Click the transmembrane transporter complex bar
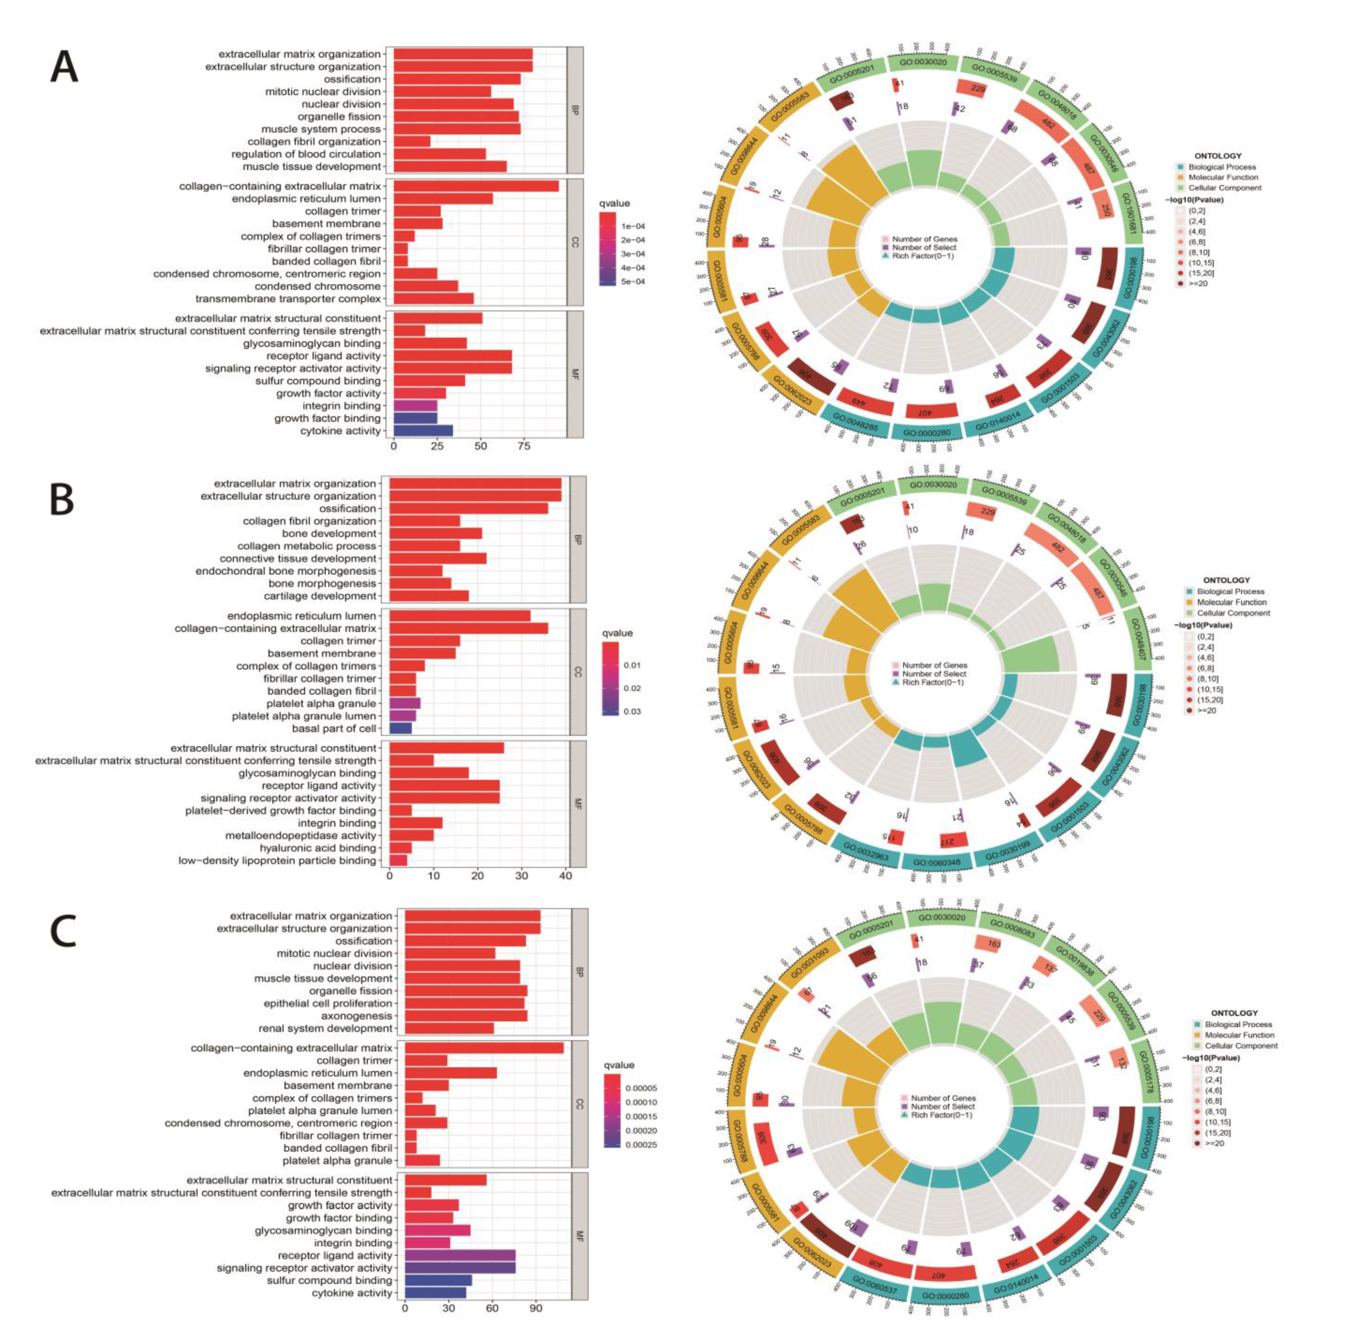pos(433,298)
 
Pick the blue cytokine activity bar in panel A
pos(423,430)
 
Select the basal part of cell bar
pos(400,728)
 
